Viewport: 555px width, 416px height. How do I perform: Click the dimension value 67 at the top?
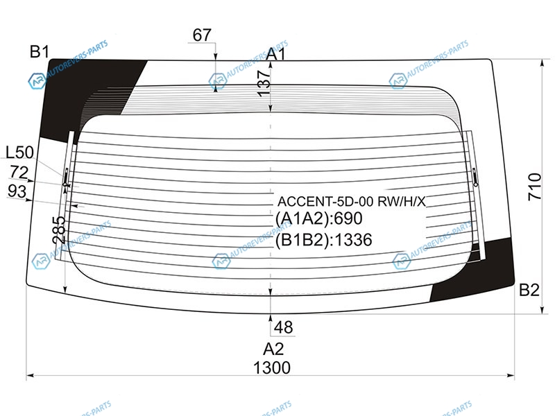[202, 35]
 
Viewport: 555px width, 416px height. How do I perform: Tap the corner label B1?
[40, 51]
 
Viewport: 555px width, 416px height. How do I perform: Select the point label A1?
[275, 54]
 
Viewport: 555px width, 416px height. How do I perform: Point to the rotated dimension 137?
[264, 83]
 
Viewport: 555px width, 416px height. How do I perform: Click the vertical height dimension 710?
[534, 187]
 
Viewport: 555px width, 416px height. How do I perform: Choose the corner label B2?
[529, 290]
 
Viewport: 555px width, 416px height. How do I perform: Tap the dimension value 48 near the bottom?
[283, 327]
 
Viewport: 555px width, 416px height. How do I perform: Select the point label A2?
[273, 349]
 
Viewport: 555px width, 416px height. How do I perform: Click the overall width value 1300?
[272, 367]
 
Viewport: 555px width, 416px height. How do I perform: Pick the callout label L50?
[20, 153]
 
